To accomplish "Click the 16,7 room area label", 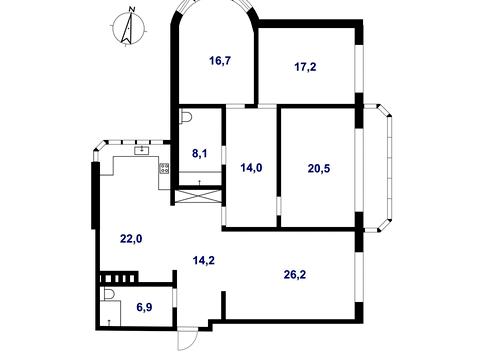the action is (x=220, y=61).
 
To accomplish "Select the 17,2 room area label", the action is (x=305, y=67).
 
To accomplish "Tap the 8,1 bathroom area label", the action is (x=200, y=153).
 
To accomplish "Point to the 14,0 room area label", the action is (x=251, y=168).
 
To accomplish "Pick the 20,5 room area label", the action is (x=319, y=168).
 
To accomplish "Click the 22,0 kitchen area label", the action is (x=131, y=238).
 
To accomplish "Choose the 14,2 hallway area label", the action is (x=204, y=260).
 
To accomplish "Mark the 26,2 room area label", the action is (x=295, y=274).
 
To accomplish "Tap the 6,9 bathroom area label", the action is (x=144, y=307).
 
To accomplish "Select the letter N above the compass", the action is (x=132, y=9).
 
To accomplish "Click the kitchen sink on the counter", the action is (x=143, y=150).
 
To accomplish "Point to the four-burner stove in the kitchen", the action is (x=165, y=168).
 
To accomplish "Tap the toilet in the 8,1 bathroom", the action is (x=186, y=118).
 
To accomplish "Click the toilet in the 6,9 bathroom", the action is (x=108, y=294).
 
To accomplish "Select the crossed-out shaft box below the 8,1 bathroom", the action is (x=198, y=196).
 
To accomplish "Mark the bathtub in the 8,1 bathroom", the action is (x=200, y=178).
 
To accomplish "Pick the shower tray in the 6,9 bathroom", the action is (x=110, y=312).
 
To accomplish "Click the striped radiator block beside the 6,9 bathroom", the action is (x=119, y=277).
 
